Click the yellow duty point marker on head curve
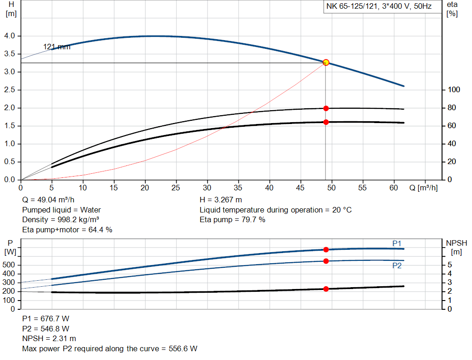point(326,62)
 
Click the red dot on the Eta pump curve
point(326,108)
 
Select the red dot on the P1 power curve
point(326,249)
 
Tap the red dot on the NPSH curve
point(326,289)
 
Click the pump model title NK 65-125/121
point(378,7)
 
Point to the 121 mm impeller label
point(57,47)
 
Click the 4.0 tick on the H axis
point(10,36)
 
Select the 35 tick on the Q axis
point(238,188)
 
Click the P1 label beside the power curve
point(396,243)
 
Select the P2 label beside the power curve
point(397,266)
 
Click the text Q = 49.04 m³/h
point(48,200)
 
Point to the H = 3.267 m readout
point(221,200)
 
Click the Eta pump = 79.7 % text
point(232,219)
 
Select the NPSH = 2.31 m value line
point(49,339)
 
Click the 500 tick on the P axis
point(10,265)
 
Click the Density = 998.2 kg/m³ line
point(61,219)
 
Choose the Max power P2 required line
point(110,348)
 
